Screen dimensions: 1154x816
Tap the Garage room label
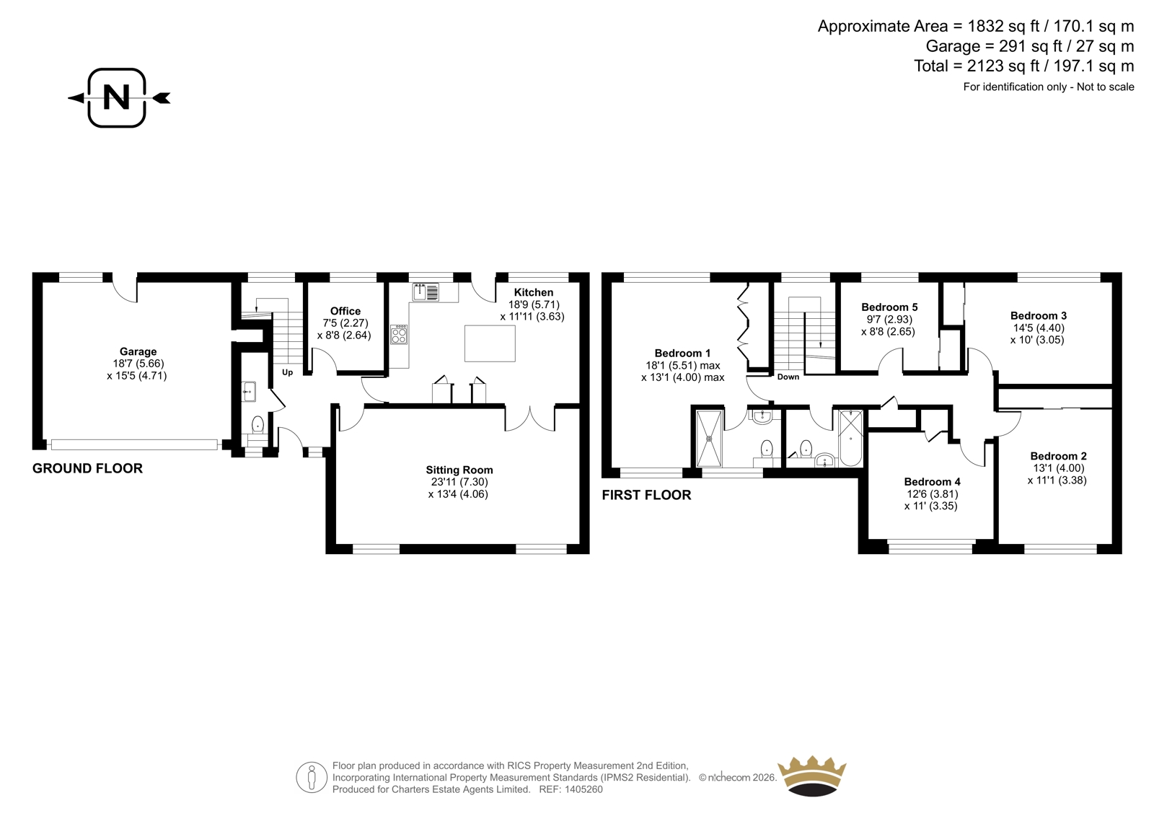tap(138, 351)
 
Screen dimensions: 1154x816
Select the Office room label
tap(345, 311)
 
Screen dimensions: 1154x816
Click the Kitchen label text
tap(534, 292)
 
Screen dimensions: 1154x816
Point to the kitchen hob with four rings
tap(399, 335)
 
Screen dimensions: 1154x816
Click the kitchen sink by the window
tap(426, 291)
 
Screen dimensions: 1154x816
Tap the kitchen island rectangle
tap(490, 343)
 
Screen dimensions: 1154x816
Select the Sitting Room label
tap(459, 470)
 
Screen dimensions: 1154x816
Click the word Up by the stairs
tap(288, 372)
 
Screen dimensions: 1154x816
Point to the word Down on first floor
tap(788, 377)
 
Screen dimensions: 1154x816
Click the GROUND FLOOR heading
tap(87, 468)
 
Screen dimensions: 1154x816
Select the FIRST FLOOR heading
tap(646, 496)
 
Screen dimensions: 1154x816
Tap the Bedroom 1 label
tap(682, 353)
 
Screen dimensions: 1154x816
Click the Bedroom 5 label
tap(890, 307)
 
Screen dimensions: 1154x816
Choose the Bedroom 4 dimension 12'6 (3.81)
tap(933, 493)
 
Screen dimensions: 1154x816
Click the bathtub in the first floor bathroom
tap(851, 438)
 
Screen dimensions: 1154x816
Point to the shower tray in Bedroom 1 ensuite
tap(710, 439)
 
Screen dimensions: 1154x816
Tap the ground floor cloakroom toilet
tap(257, 426)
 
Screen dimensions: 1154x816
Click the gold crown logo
tap(812, 776)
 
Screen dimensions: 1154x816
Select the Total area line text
tap(1024, 66)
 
